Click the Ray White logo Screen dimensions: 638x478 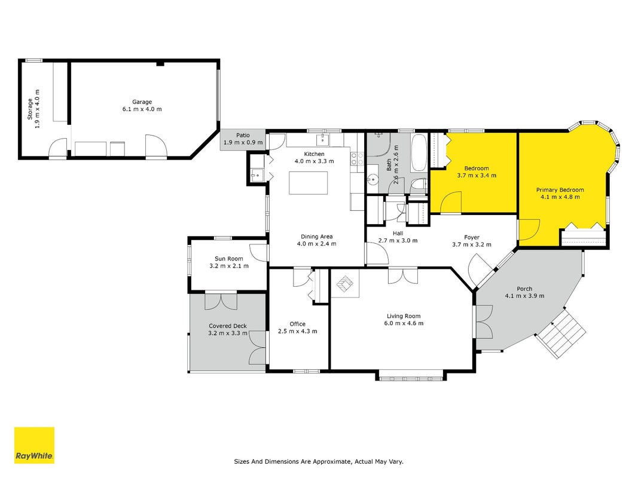click(34, 445)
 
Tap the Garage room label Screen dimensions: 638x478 click(142, 102)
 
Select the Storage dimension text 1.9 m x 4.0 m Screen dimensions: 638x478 click(38, 109)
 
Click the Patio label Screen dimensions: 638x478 click(243, 136)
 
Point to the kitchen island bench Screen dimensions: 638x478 click(309, 183)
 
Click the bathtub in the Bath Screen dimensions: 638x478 click(419, 153)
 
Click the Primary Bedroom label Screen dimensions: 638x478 click(560, 190)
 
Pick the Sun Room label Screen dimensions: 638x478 click(228, 259)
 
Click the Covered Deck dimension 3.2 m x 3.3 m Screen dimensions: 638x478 click(228, 333)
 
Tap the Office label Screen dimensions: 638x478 click(297, 324)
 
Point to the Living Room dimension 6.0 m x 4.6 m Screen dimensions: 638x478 click(404, 323)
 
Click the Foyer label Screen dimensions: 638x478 click(472, 237)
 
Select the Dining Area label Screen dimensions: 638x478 click(316, 237)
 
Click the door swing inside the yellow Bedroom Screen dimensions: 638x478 click(450, 203)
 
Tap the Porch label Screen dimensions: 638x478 click(524, 289)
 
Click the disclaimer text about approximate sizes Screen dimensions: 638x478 click(319, 462)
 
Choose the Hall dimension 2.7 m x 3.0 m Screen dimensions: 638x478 click(398, 241)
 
